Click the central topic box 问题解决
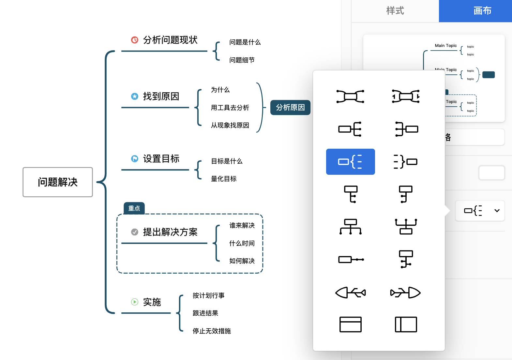pyautogui.click(x=58, y=182)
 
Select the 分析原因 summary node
pyautogui.click(x=290, y=108)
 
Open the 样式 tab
pyautogui.click(x=395, y=11)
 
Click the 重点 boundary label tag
pyautogui.click(x=134, y=208)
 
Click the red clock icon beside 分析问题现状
pyautogui.click(x=135, y=40)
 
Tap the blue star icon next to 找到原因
pyautogui.click(x=135, y=96)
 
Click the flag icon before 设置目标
pyautogui.click(x=135, y=159)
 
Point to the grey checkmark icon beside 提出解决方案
pyautogui.click(x=135, y=232)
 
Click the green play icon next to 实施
pyautogui.click(x=135, y=302)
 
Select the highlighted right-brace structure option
pyautogui.click(x=350, y=162)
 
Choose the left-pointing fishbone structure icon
pyautogui.click(x=350, y=292)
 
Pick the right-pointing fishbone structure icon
pyautogui.click(x=406, y=292)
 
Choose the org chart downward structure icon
pyautogui.click(x=350, y=227)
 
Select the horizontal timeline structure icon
pyautogui.click(x=350, y=260)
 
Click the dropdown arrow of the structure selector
pyautogui.click(x=497, y=211)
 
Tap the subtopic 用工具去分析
pyautogui.click(x=230, y=108)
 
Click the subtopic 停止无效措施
pyautogui.click(x=212, y=331)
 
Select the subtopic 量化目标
pyautogui.click(x=224, y=179)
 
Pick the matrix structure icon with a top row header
pyautogui.click(x=350, y=324)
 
